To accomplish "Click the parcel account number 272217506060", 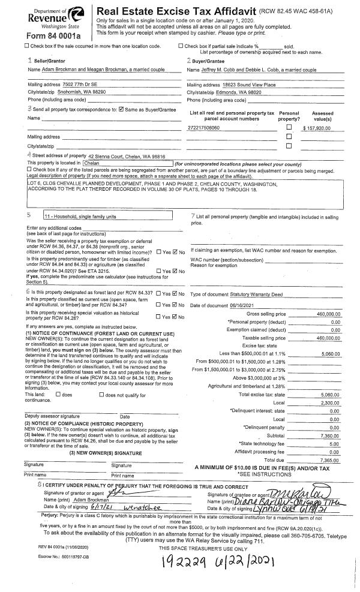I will pos(204,128).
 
